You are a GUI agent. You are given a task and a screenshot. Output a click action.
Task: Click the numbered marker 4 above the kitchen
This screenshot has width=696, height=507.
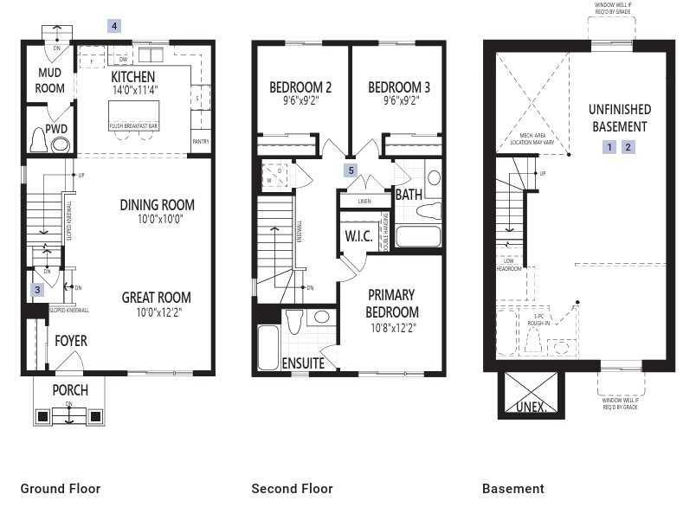[x=114, y=26]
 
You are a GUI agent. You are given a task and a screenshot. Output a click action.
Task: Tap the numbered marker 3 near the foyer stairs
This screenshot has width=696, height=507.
[x=37, y=290]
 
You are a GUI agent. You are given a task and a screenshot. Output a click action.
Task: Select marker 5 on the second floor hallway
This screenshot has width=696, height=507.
[x=351, y=170]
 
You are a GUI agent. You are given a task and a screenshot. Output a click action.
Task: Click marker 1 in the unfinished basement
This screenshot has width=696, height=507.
[x=610, y=147]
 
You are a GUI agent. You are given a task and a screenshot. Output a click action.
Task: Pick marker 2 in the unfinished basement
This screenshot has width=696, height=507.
[x=628, y=147]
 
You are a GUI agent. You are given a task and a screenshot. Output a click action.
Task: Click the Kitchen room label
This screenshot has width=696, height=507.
[x=133, y=77]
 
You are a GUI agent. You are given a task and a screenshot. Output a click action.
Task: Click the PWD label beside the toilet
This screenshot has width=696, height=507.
[x=56, y=129]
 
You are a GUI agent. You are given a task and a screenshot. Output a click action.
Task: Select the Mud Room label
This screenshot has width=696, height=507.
[x=49, y=80]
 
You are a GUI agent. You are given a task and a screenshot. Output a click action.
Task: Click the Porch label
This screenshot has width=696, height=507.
[x=70, y=389]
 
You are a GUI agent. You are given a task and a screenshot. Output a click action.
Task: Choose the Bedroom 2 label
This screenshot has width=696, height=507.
[x=300, y=87]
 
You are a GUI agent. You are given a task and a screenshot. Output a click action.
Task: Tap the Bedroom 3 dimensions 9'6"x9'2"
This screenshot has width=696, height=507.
[x=399, y=100]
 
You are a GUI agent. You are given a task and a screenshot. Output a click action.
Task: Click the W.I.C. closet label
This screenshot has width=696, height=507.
[x=358, y=236]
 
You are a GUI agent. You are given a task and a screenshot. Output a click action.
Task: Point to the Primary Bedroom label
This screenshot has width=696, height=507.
[x=391, y=303]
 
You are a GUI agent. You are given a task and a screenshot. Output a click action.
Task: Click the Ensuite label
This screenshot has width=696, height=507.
[x=303, y=363]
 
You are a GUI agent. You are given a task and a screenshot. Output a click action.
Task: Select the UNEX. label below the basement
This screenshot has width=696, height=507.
[x=532, y=406]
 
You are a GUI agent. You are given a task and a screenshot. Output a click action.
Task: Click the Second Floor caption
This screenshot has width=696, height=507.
[x=292, y=489]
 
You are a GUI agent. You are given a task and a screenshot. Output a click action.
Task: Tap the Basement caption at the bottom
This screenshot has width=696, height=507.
[x=513, y=489]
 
